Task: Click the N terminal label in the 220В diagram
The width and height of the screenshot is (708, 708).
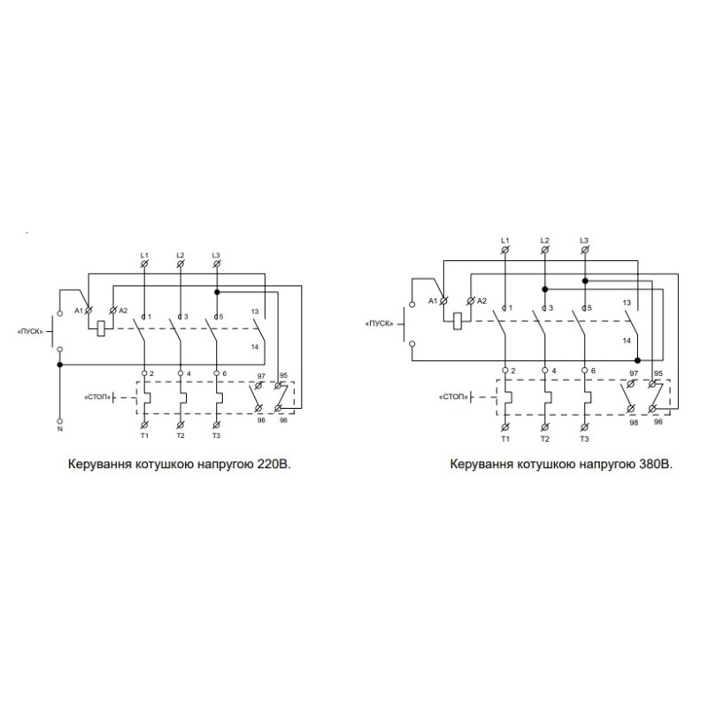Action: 59,429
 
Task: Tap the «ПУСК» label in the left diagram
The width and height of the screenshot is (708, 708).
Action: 30,331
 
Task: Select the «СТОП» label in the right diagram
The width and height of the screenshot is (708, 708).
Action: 453,396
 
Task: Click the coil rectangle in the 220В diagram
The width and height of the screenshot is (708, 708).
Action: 102,328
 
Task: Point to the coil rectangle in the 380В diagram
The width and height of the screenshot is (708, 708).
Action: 457,321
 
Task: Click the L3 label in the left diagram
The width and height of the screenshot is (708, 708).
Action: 216,255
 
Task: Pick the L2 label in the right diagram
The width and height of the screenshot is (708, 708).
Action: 544,241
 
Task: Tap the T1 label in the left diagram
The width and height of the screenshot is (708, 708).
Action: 144,435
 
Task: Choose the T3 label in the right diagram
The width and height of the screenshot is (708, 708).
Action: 584,439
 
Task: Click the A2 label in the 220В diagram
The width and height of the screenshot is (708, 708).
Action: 123,311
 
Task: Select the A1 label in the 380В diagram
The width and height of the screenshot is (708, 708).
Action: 433,301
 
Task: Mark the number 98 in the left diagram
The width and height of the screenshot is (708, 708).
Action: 261,420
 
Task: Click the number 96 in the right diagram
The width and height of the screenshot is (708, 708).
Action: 658,421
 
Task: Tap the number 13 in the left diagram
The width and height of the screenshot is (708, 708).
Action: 255,312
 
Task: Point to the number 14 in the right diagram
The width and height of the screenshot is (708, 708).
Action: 627,341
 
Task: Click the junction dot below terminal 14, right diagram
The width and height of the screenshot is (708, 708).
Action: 637,360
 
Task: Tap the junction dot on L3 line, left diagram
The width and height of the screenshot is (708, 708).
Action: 217,292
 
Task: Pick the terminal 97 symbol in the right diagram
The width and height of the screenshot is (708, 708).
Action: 631,384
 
